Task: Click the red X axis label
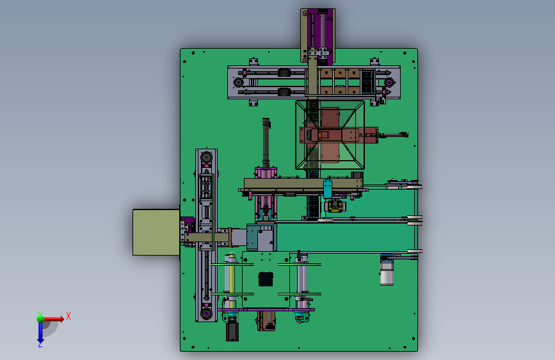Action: (x=68, y=316)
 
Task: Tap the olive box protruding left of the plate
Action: (x=156, y=232)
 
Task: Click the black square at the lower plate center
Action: (x=266, y=279)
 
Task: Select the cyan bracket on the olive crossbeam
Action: (x=328, y=188)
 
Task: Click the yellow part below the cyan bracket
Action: (x=335, y=206)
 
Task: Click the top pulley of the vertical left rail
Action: (x=206, y=157)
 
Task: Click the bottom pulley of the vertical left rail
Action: (x=206, y=314)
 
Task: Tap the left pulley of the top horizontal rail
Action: (x=238, y=82)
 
